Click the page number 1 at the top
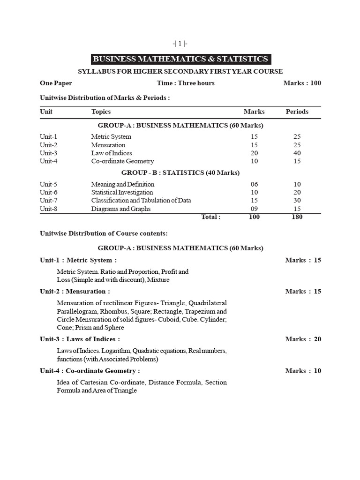point(180,43)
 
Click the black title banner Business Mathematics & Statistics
point(180,59)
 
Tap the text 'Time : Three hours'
point(186,83)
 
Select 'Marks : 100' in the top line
point(302,83)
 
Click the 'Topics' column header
point(101,112)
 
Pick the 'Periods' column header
point(297,112)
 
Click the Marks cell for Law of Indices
point(254,153)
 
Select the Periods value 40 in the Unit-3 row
point(297,153)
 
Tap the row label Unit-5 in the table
point(48,184)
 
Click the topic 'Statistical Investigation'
point(122,192)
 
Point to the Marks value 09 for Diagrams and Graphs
point(254,209)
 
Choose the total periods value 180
point(297,217)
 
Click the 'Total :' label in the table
point(210,217)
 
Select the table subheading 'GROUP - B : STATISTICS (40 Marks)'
point(180,172)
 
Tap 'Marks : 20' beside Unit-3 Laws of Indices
point(303,339)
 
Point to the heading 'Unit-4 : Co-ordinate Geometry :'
point(90,371)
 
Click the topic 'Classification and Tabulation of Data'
point(141,200)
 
